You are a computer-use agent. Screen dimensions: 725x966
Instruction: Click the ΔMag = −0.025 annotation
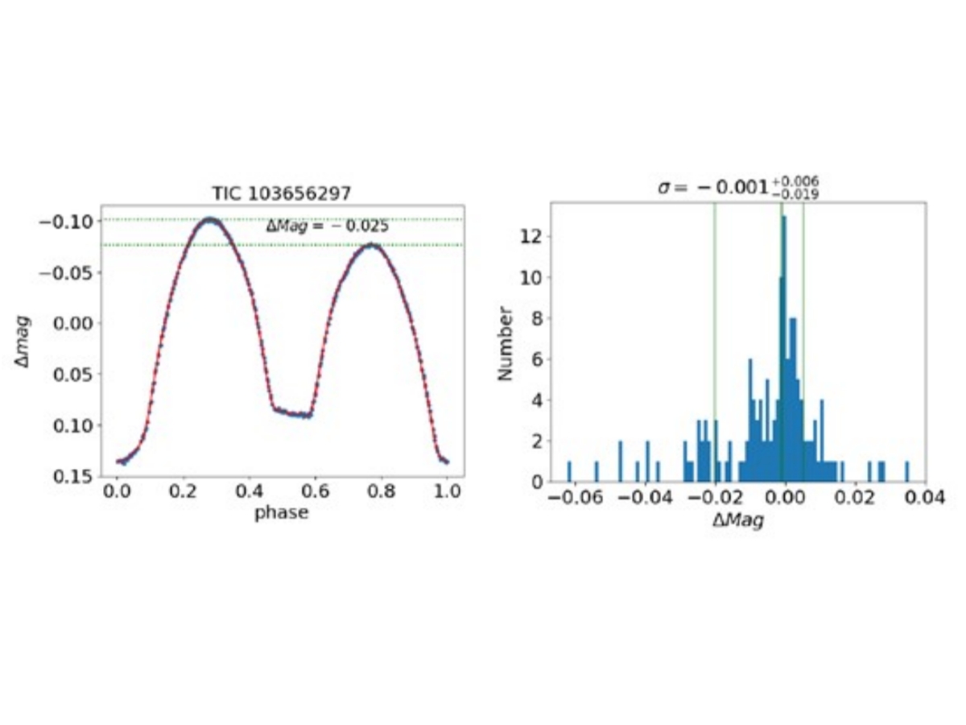pyautogui.click(x=328, y=226)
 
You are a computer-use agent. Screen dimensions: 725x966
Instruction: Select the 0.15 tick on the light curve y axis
pyautogui.click(x=68, y=475)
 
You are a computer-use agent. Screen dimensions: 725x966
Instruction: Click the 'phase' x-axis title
pyautogui.click(x=281, y=513)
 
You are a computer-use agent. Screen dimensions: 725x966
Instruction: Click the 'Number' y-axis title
pyautogui.click(x=505, y=342)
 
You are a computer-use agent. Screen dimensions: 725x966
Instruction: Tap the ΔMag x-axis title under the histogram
pyautogui.click(x=738, y=521)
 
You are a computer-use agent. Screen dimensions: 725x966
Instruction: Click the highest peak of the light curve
pyautogui.click(x=211, y=219)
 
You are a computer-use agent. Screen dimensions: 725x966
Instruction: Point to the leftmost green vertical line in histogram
pyautogui.click(x=715, y=342)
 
